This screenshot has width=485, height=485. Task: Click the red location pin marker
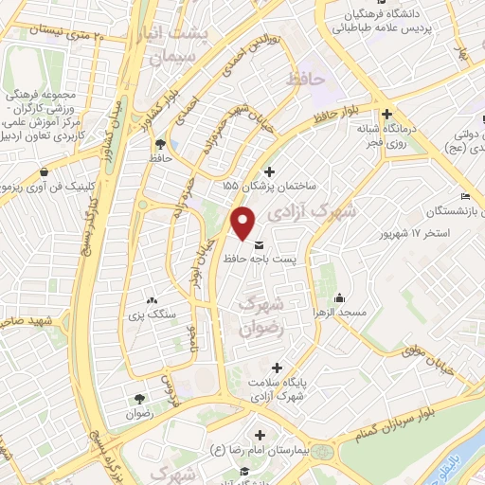(x=244, y=223)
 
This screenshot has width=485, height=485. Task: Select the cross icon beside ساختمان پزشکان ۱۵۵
(x=272, y=171)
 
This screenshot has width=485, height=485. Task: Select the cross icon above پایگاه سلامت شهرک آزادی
(x=277, y=368)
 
